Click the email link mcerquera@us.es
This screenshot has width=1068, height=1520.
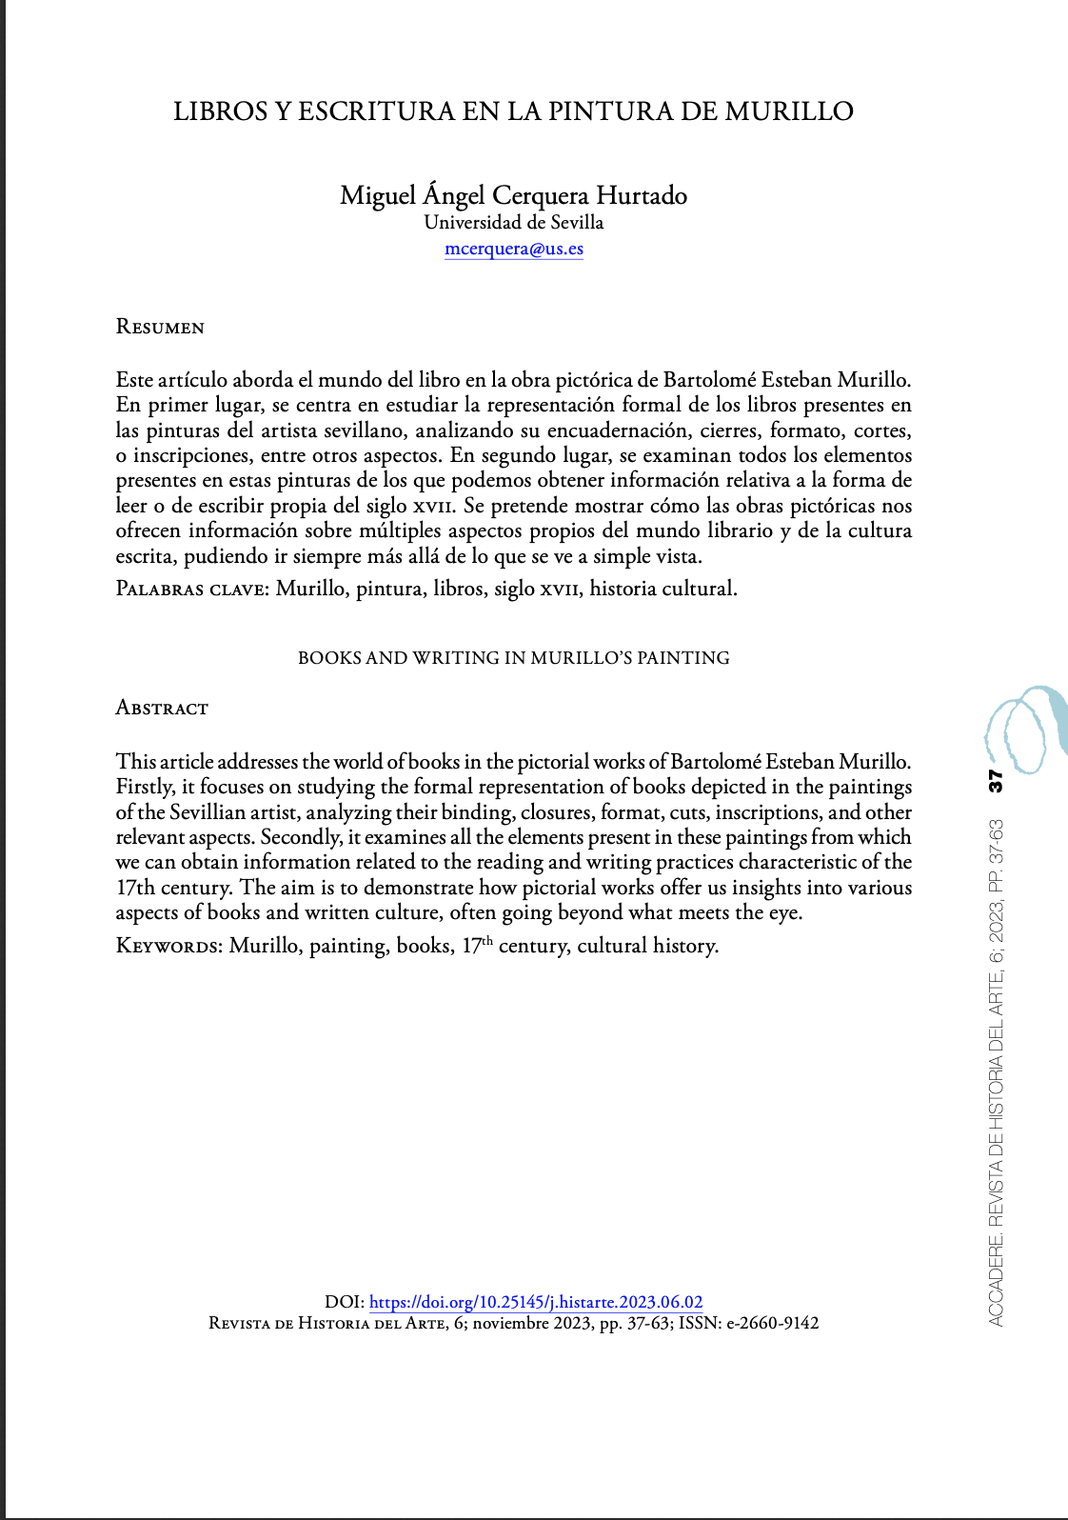pos(514,249)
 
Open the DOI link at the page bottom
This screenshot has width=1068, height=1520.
pos(536,1302)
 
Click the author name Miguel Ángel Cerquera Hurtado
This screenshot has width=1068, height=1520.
pos(514,195)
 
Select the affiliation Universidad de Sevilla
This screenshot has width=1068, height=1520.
pos(514,222)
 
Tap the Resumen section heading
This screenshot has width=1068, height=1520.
pos(160,327)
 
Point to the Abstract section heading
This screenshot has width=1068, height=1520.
pos(162,708)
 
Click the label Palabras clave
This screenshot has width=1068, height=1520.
pos(191,589)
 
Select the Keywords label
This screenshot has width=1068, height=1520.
pos(168,946)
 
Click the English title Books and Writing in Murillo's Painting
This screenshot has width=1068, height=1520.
pos(514,657)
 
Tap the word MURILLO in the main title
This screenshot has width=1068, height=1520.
pos(789,111)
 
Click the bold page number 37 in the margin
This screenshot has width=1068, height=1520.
pos(995,781)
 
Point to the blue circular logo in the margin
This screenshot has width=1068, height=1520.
pos(1023,729)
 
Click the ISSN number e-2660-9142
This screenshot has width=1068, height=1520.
pos(773,1323)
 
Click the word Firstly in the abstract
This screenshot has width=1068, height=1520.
pos(145,787)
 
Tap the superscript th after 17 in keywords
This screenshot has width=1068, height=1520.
pos(487,941)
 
